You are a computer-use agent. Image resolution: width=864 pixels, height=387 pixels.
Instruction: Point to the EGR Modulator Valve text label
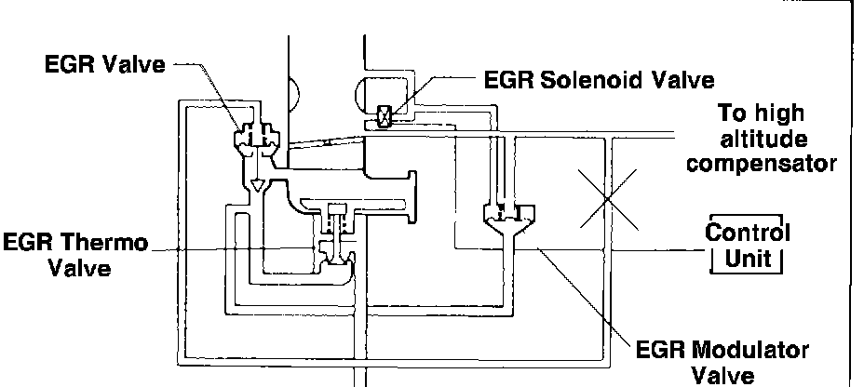coord(722,363)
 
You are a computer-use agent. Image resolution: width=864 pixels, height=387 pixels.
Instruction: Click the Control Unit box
coord(748,245)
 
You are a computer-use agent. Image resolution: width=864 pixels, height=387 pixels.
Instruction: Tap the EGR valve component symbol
coord(255,138)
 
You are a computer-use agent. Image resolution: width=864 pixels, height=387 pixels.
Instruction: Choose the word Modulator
coord(749,352)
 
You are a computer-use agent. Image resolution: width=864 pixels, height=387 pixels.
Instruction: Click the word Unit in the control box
coord(748,258)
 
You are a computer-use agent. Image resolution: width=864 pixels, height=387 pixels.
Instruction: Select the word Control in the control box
coord(748,232)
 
